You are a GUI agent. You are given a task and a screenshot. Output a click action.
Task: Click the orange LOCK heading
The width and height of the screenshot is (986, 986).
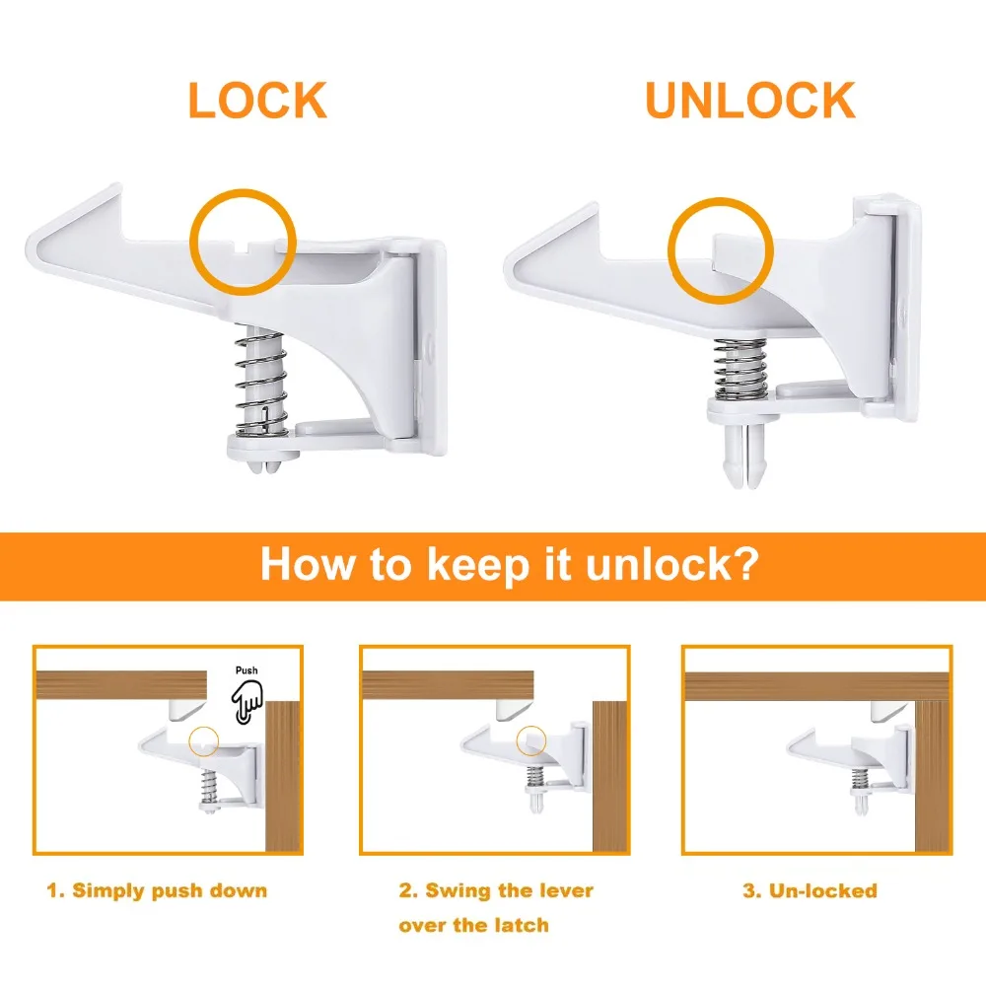click(x=257, y=100)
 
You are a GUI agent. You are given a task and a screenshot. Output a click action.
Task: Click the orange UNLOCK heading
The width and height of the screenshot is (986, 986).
click(x=750, y=100)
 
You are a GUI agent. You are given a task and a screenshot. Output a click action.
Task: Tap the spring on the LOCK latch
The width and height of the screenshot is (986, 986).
click(x=261, y=385)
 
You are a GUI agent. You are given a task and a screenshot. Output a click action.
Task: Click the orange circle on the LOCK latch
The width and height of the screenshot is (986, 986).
click(x=191, y=243)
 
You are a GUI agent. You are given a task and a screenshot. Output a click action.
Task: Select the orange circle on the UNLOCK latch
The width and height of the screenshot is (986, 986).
click(x=669, y=250)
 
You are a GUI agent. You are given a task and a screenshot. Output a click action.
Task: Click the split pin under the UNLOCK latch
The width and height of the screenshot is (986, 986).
click(x=744, y=456)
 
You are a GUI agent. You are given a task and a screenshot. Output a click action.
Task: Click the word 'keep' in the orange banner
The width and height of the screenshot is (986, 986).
click(x=478, y=565)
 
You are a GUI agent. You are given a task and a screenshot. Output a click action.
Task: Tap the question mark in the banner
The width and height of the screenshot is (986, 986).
click(x=745, y=563)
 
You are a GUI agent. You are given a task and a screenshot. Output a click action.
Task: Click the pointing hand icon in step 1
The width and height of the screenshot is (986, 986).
click(x=246, y=701)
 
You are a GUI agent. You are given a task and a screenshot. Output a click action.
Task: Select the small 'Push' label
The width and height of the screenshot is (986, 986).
click(x=246, y=670)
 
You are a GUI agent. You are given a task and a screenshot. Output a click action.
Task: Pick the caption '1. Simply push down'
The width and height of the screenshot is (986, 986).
click(x=157, y=891)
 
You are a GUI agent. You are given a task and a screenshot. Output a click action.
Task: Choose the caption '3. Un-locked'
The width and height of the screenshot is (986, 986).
click(x=810, y=890)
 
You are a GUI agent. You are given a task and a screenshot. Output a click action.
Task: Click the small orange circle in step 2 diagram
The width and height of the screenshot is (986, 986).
click(x=518, y=740)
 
